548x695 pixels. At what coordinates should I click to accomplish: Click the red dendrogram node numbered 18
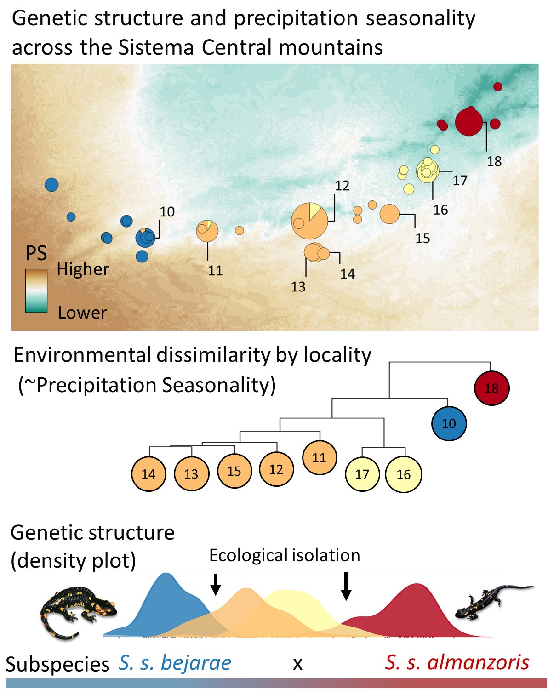pos(491,388)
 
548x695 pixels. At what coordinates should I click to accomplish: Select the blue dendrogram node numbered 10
pos(449,423)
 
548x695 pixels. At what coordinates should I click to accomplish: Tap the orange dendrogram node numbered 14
pos(148,474)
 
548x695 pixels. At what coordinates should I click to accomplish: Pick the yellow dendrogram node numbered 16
pos(403,474)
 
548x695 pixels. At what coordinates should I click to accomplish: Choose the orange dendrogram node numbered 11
pos(319,457)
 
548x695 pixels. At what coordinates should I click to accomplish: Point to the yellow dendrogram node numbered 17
pos(362,474)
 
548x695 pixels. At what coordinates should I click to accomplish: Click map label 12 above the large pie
pos(342,186)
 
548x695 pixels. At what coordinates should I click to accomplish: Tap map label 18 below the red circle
pos(494,161)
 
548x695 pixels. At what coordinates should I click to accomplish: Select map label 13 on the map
pos(298,287)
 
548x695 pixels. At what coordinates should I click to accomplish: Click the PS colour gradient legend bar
pos(36,291)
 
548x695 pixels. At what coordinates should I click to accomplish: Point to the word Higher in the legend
pos(83,269)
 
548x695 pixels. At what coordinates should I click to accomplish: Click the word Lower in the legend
pos(82,313)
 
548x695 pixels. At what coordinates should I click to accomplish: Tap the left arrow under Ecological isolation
pos(215,584)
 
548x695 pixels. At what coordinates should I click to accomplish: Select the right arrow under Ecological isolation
pos(346,586)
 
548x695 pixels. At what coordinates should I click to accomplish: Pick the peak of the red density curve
pos(417,585)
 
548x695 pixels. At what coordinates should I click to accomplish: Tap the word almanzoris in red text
pos(478,663)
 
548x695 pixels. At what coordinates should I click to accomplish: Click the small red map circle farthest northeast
pos(497,86)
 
